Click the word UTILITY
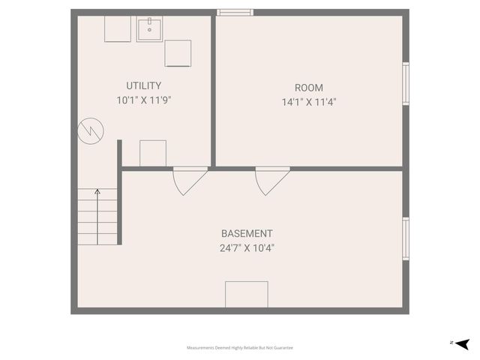pyautogui.click(x=143, y=86)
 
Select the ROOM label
pyautogui.click(x=309, y=88)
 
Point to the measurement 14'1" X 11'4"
pyautogui.click(x=309, y=102)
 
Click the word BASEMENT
pyautogui.click(x=247, y=233)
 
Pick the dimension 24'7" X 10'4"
pyautogui.click(x=247, y=247)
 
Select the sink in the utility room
pyautogui.click(x=150, y=30)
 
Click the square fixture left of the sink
pyautogui.click(x=118, y=29)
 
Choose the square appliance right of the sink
pyautogui.click(x=178, y=53)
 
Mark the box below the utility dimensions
pyautogui.click(x=153, y=153)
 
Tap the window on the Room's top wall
pyautogui.click(x=235, y=12)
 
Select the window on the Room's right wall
pyautogui.click(x=406, y=82)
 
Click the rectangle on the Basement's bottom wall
pyautogui.click(x=247, y=294)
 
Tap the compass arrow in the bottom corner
pyautogui.click(x=462, y=343)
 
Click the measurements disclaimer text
pyautogui.click(x=240, y=348)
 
